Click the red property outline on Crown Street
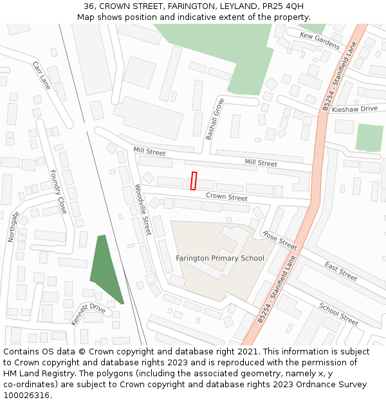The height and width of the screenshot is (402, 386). click(x=194, y=181)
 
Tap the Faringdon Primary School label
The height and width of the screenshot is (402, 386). click(x=220, y=259)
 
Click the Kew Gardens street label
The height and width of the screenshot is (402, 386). click(x=320, y=41)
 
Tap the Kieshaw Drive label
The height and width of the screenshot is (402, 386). click(x=355, y=109)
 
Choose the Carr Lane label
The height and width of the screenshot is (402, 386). click(x=41, y=75)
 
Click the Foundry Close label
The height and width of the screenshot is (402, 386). click(x=58, y=192)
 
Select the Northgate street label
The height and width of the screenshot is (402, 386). click(x=14, y=227)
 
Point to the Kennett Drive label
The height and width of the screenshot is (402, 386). click(x=88, y=315)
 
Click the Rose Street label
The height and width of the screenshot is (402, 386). click(x=280, y=241)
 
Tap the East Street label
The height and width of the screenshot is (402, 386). click(x=340, y=271)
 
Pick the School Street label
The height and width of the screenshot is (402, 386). click(x=338, y=314)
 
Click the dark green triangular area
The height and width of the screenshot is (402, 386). click(x=104, y=267)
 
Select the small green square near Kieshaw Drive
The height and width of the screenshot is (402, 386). click(x=369, y=138)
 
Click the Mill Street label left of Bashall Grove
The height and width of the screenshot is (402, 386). click(x=149, y=152)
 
